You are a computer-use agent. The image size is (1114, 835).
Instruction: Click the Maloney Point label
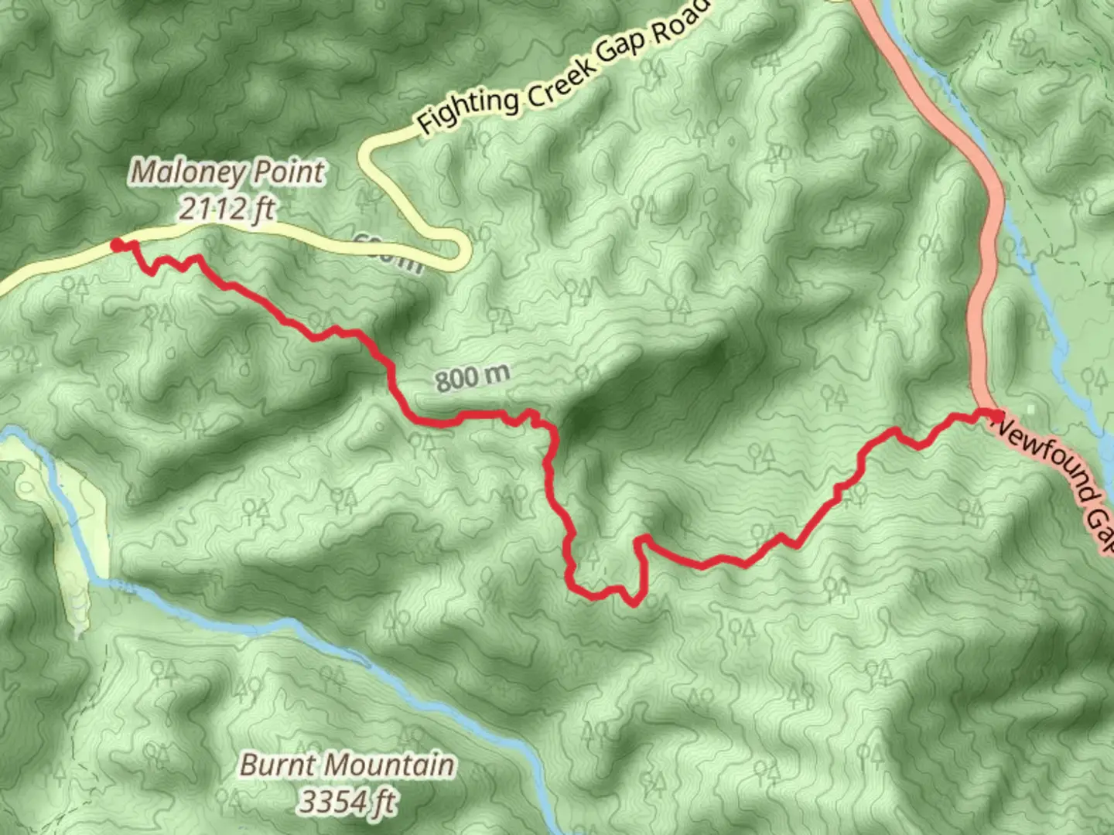[x=228, y=172]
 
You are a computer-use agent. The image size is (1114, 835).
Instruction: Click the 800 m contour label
[x=472, y=378]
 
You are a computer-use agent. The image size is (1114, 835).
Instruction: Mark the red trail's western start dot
[x=117, y=245]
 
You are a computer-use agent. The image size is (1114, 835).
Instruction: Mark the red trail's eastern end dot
[x=996, y=416]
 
